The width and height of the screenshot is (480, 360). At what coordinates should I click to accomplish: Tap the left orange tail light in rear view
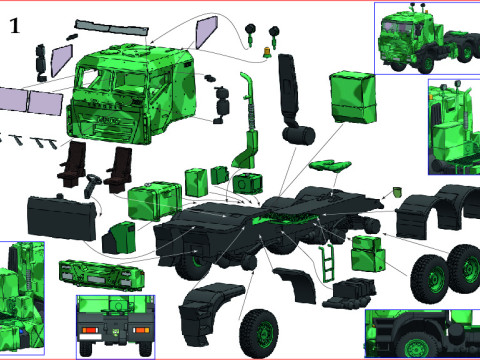tap(86, 329)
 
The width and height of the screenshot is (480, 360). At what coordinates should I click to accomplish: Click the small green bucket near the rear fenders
tap(396, 190)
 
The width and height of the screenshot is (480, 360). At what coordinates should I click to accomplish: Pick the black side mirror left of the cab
tap(41, 60)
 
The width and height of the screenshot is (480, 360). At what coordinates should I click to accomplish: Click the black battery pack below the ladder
tap(351, 295)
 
